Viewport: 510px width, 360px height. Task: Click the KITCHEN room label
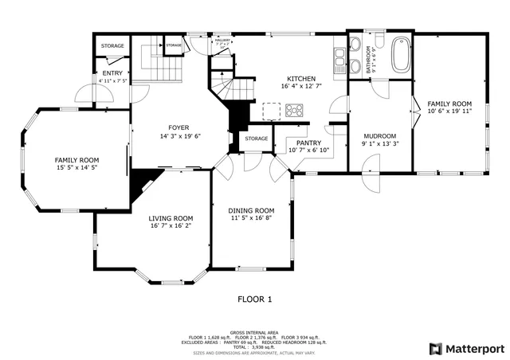(302, 79)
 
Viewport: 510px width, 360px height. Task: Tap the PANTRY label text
(309, 143)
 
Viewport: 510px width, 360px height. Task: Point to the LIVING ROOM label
(171, 217)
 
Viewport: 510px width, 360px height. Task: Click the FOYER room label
(178, 127)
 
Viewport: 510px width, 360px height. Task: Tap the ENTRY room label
(112, 73)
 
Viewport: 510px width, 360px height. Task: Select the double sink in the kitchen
(339, 58)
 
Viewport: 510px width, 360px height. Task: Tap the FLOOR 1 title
(255, 299)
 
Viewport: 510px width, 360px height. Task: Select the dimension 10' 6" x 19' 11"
(449, 112)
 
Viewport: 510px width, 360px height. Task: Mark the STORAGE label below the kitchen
(257, 139)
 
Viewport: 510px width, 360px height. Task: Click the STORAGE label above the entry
(112, 46)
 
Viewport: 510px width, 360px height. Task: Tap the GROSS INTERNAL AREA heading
(254, 332)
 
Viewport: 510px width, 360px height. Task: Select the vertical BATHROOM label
(369, 60)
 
